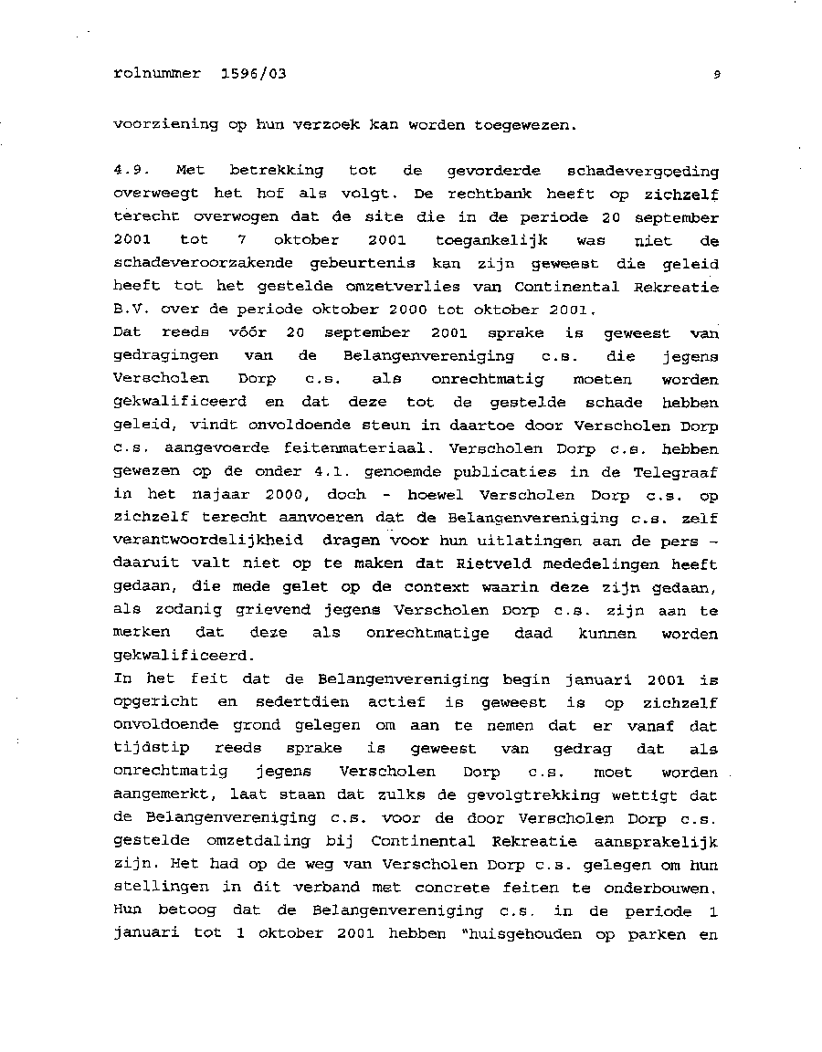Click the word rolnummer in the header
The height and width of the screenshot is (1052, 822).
point(156,74)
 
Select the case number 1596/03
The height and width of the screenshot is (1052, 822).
point(253,74)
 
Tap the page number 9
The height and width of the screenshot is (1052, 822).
point(717,76)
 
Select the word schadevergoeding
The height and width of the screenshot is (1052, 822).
point(642,172)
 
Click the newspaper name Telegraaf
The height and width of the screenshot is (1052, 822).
point(676,472)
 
